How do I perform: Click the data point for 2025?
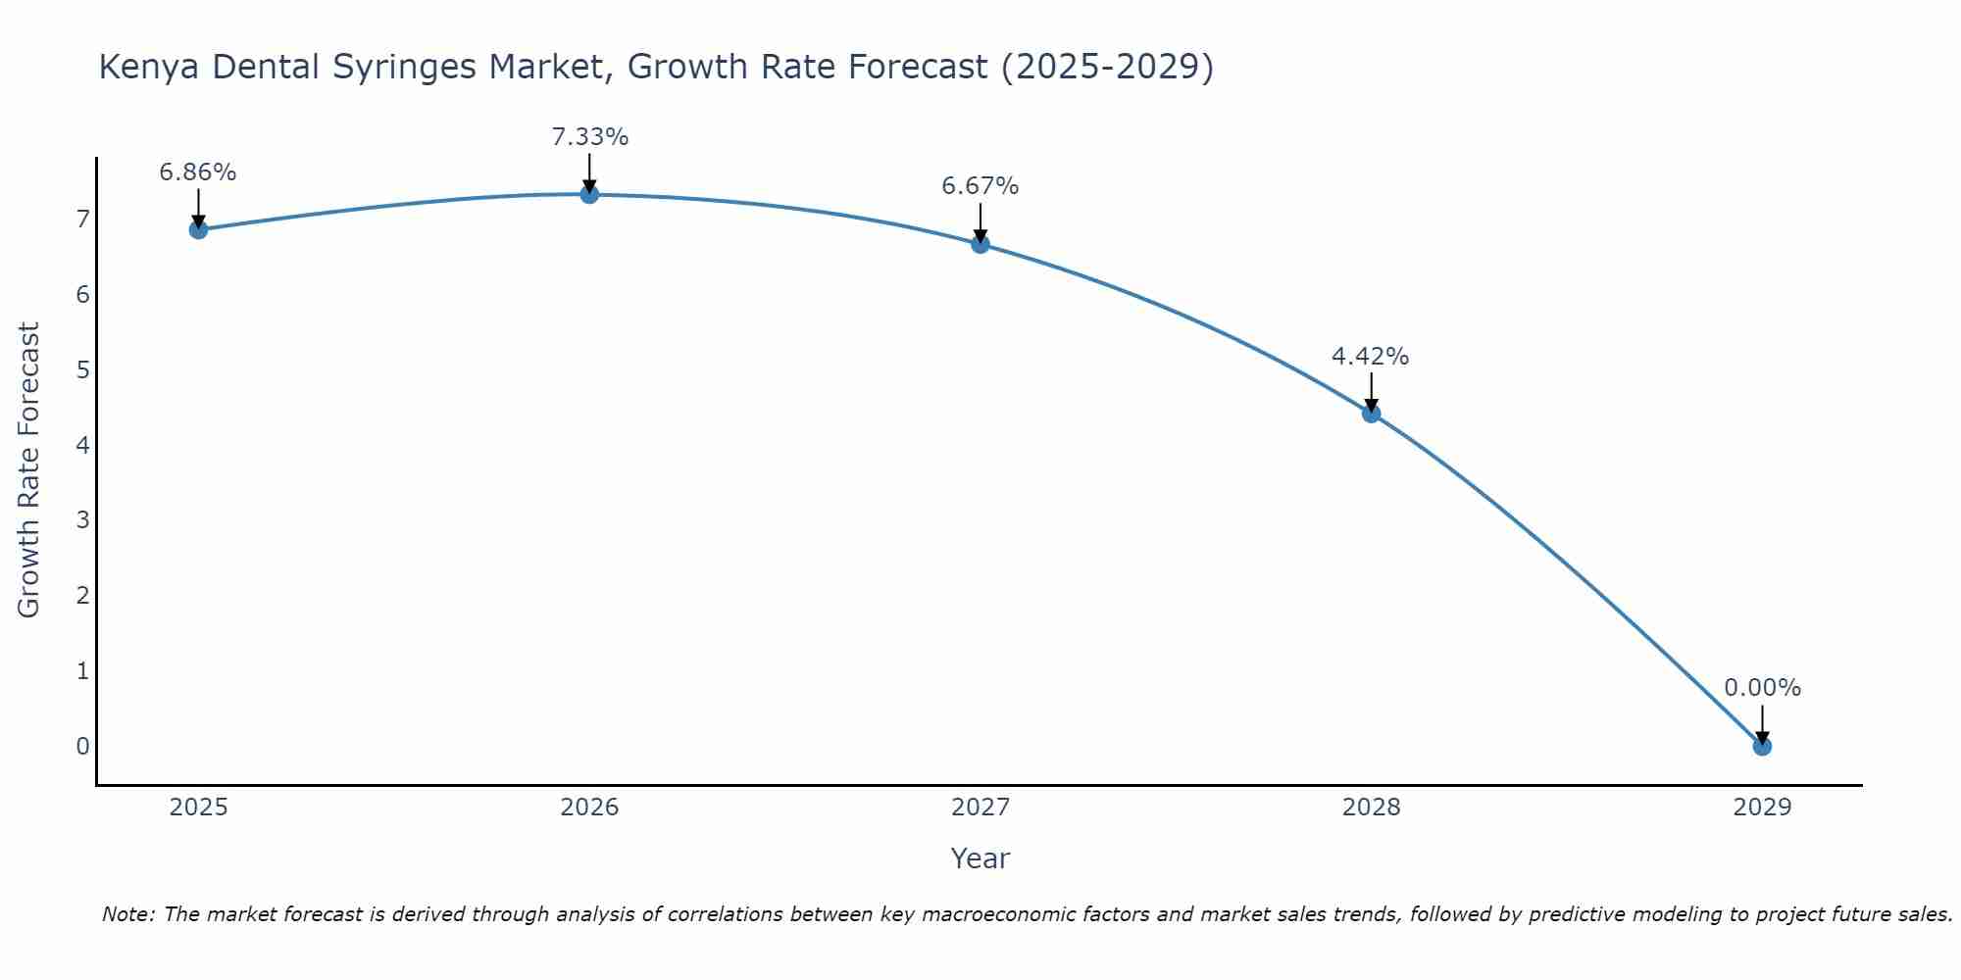click(x=198, y=229)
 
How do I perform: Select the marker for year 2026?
click(x=589, y=194)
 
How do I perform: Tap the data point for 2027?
click(x=980, y=244)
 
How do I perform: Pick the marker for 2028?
click(x=1371, y=414)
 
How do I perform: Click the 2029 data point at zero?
click(x=1762, y=747)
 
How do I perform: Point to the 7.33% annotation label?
click(x=589, y=137)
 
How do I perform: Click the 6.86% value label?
click(x=198, y=172)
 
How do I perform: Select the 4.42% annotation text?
click(x=1370, y=357)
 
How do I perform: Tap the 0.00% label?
click(x=1762, y=688)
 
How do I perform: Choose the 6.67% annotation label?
click(x=980, y=186)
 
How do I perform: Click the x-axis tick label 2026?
click(x=589, y=808)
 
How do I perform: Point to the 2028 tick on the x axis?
click(x=1371, y=808)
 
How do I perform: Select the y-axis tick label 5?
click(x=82, y=369)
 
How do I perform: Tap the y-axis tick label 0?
click(x=82, y=746)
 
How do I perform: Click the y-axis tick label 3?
click(x=82, y=519)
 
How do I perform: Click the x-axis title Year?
click(x=980, y=858)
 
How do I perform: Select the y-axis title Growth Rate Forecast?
click(x=29, y=470)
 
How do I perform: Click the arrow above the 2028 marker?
click(x=1371, y=389)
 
